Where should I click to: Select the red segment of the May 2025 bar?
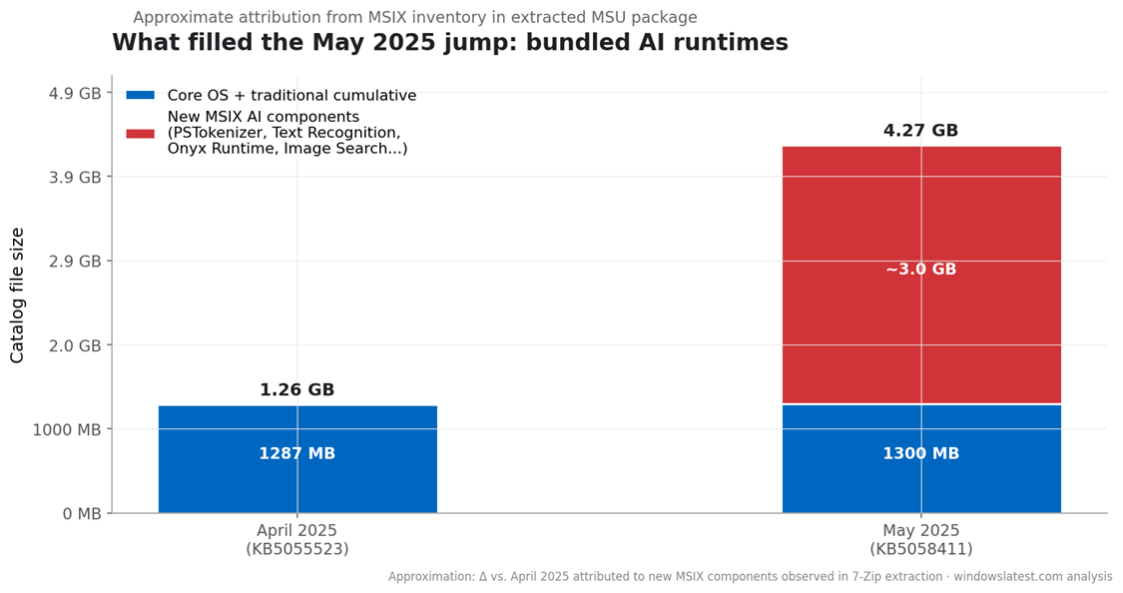pos(920,220)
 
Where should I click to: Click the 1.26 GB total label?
pos(297,390)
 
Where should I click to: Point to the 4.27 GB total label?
pos(920,131)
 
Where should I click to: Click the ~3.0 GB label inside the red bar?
pos(920,270)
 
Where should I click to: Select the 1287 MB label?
pos(297,454)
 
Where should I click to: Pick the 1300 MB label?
pos(920,454)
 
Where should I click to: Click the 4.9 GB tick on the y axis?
pos(75,93)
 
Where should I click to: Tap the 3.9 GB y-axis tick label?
pos(75,177)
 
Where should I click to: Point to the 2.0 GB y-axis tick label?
pos(75,345)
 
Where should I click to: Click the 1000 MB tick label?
pos(67,429)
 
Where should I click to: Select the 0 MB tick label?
pos(82,514)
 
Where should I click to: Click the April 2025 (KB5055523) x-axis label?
pos(297,540)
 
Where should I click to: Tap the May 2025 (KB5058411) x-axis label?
pos(920,540)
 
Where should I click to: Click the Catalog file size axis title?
pos(18,295)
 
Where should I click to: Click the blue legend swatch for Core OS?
pos(141,96)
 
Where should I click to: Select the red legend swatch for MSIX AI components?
pos(141,133)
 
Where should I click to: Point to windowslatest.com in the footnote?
pos(1011,577)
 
